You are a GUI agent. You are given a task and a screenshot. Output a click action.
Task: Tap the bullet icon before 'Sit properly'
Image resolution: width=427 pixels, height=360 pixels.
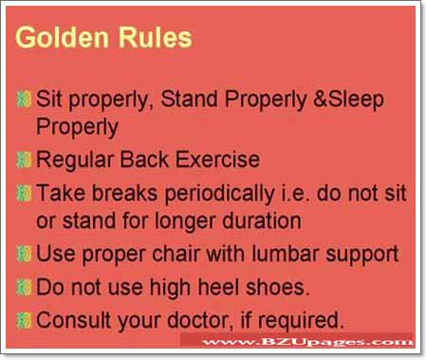coord(26,98)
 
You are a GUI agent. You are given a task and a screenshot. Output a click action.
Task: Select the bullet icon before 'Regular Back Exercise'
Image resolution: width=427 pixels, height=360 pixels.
coord(26,160)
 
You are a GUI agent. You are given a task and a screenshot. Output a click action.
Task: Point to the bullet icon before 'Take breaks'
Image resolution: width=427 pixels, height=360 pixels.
coord(26,193)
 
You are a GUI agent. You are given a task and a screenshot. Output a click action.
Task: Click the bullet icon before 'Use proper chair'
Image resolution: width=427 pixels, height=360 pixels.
coord(26,255)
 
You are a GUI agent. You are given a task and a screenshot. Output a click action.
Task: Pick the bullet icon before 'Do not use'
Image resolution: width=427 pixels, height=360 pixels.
coord(26,286)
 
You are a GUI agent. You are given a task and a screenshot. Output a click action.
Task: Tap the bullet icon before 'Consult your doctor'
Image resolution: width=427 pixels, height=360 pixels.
coord(26,318)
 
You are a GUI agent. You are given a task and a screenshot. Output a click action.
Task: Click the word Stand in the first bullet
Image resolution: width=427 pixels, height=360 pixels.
coord(186,98)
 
